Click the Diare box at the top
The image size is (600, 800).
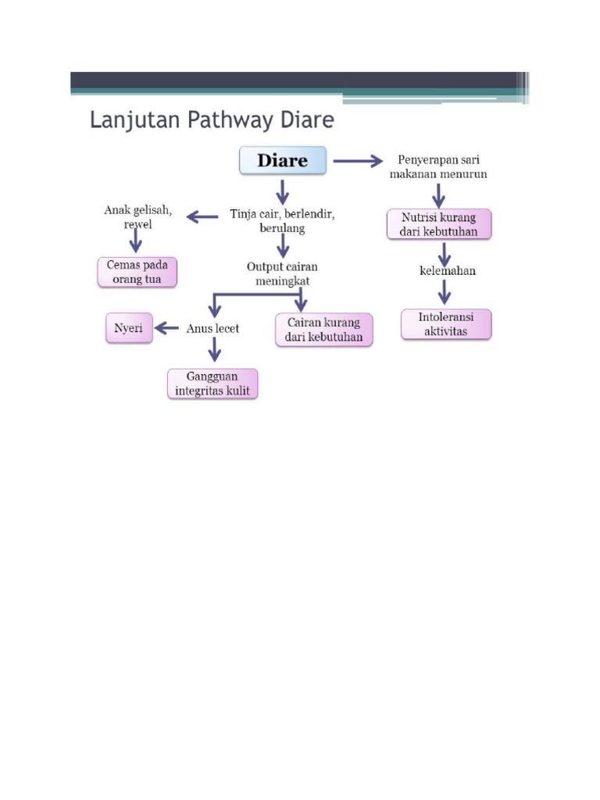(282, 162)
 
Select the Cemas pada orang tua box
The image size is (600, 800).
(137, 272)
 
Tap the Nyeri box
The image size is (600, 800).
(129, 329)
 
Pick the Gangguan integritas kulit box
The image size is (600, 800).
(212, 384)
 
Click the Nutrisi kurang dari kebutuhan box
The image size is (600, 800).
(439, 224)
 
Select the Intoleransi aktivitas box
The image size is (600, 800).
(447, 324)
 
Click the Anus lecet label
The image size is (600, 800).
(212, 329)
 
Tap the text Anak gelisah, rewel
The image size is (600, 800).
(138, 216)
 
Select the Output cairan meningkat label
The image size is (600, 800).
(282, 273)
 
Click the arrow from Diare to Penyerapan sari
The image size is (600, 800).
(358, 162)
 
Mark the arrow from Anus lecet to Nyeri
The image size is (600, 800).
(166, 329)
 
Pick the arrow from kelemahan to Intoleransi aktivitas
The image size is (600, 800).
(445, 291)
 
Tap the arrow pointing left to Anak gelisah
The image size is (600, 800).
(203, 216)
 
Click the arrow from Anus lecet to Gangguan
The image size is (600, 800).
(212, 353)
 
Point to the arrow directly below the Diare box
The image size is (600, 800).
(282, 190)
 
